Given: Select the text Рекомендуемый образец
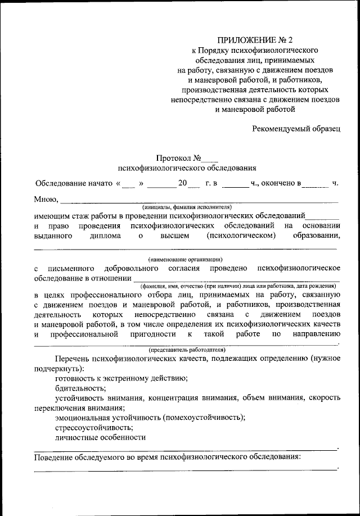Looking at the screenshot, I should [x=296, y=128].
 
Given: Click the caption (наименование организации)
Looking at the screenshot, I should [x=186, y=259].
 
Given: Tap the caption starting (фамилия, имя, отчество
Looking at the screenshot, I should [x=239, y=286].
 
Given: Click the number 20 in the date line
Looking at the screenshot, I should [x=182, y=183].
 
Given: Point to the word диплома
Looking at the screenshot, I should [x=105, y=236].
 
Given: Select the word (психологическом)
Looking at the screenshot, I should [x=241, y=236].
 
